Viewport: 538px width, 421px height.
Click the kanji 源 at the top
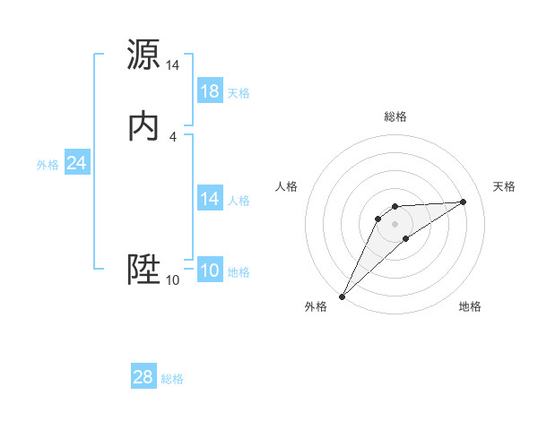pyautogui.click(x=144, y=55)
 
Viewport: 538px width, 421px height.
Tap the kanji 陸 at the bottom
pyautogui.click(x=144, y=270)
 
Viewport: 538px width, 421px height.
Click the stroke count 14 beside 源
pyautogui.click(x=173, y=65)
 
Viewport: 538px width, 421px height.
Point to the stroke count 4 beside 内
pyautogui.click(x=173, y=137)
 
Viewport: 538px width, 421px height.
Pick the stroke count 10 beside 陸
pyautogui.click(x=173, y=280)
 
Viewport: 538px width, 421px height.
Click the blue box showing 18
pyautogui.click(x=210, y=91)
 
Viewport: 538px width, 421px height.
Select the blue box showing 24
pyautogui.click(x=76, y=163)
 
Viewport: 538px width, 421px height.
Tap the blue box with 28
pyautogui.click(x=143, y=377)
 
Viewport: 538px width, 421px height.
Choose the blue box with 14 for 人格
pyautogui.click(x=210, y=199)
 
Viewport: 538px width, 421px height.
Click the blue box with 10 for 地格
pyautogui.click(x=210, y=271)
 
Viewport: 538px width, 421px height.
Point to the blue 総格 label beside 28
pyautogui.click(x=172, y=379)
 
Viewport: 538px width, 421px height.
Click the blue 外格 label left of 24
pyautogui.click(x=48, y=165)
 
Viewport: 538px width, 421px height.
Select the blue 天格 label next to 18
pyautogui.click(x=239, y=93)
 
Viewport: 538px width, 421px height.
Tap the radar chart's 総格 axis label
pyautogui.click(x=395, y=116)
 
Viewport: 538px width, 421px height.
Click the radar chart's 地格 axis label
pyautogui.click(x=470, y=306)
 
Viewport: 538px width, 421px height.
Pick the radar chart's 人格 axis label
pyautogui.click(x=287, y=186)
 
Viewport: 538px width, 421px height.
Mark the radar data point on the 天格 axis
pyautogui.click(x=464, y=202)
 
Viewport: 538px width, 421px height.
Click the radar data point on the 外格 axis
pyautogui.click(x=342, y=296)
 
